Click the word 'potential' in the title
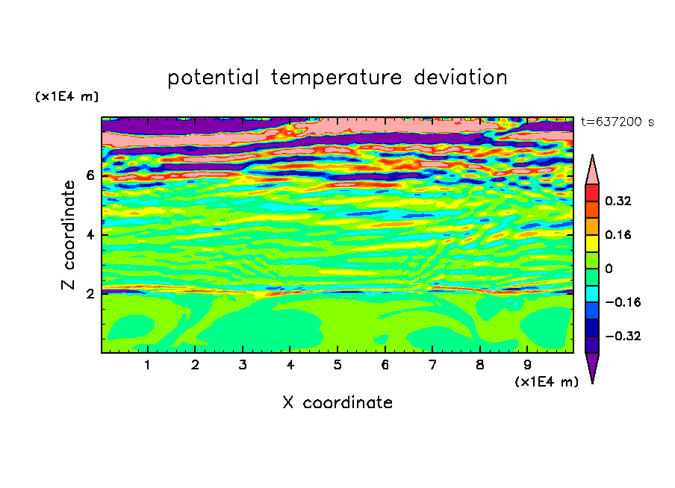click(213, 78)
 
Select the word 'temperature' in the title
click(336, 78)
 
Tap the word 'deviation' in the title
click(461, 78)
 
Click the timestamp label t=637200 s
click(618, 122)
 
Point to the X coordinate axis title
click(337, 403)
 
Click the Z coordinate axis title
click(68, 235)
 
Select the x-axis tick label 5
click(337, 366)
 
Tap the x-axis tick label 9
click(527, 366)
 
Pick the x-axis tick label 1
click(148, 366)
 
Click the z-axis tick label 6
click(90, 175)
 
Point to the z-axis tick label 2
click(90, 294)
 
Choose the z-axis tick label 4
click(90, 235)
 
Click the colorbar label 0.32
click(618, 201)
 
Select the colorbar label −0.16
click(623, 302)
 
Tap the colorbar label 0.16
click(618, 234)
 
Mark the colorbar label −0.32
click(623, 336)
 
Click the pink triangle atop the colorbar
click(592, 172)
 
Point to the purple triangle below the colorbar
click(592, 366)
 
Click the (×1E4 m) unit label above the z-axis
click(66, 96)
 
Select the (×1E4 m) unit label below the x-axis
click(547, 382)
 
